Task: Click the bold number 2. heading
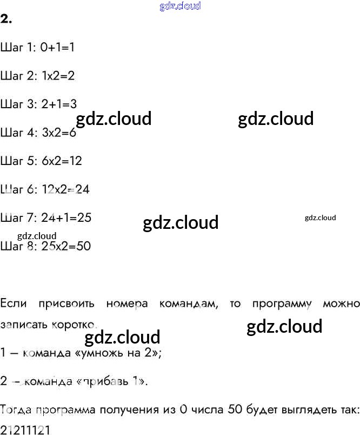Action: (x=6, y=19)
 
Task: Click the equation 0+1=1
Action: (x=57, y=48)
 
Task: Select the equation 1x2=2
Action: (x=58, y=76)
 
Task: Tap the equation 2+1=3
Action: (x=59, y=104)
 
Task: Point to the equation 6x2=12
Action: (x=61, y=161)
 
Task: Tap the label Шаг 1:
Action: (x=18, y=48)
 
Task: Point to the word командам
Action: (x=189, y=304)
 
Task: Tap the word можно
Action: (x=341, y=304)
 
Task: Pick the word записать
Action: (x=22, y=325)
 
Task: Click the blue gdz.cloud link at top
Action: (x=180, y=6)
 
